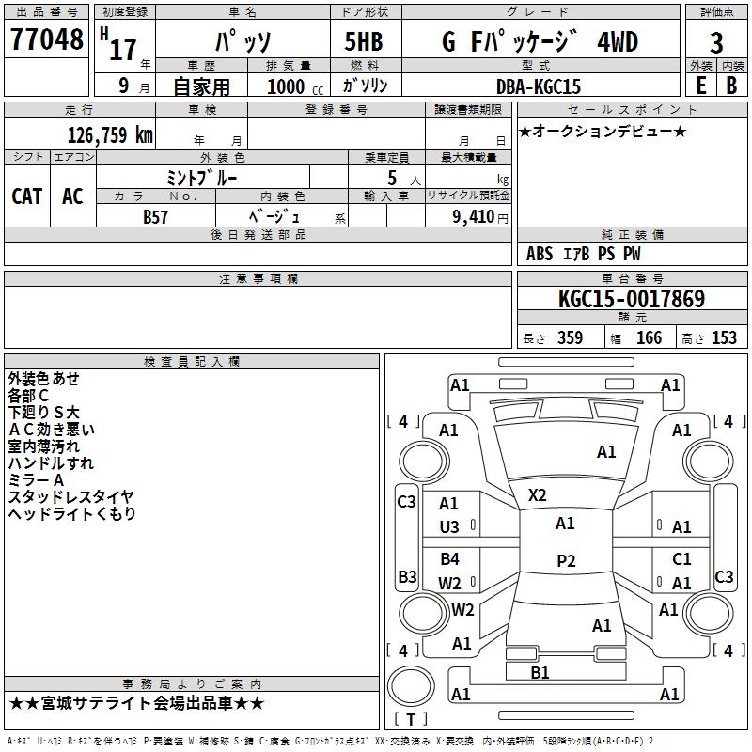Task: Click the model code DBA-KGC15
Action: coord(539,86)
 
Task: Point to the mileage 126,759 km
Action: coord(110,134)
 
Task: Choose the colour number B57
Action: coord(156,216)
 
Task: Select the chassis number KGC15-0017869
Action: coord(631,300)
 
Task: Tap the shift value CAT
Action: coord(26,196)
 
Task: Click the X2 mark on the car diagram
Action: coord(538,494)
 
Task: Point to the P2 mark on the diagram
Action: coord(565,560)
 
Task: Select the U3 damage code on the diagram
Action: coord(449,527)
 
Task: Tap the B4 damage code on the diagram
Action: coord(449,559)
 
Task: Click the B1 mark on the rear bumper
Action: coord(540,672)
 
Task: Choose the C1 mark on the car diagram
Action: coord(681,559)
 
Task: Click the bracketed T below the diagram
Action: coord(410,719)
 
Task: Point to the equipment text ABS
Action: coord(540,254)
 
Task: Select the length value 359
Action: coord(570,338)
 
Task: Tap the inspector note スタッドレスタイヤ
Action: coord(71,496)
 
